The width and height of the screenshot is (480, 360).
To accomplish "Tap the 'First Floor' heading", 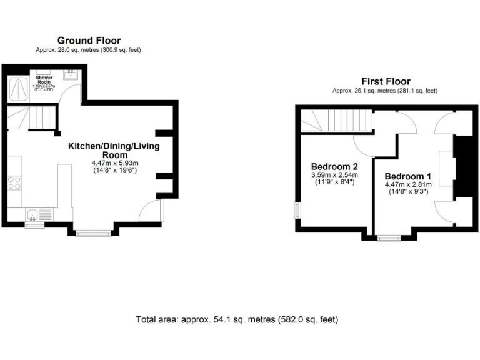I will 386,81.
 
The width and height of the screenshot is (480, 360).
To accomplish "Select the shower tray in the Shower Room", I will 18,89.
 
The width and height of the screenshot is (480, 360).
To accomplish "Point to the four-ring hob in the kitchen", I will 14,182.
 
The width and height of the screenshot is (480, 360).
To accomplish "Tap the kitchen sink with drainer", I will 34,216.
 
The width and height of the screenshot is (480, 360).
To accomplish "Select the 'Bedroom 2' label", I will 334,166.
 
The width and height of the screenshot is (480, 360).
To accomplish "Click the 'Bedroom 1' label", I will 407,176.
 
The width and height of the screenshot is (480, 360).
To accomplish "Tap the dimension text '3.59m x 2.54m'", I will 334,175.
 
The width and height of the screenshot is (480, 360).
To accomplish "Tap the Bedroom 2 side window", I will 297,210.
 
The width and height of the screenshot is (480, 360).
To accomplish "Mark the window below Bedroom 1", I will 389,237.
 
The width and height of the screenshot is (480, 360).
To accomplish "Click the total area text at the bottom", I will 237,319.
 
